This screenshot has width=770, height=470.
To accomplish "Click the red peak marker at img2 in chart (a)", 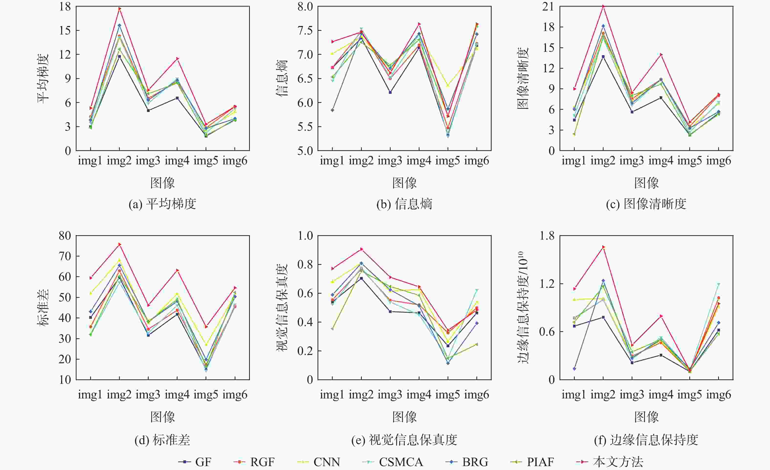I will point(119,9).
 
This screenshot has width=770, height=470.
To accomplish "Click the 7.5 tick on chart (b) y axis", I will point(305,30).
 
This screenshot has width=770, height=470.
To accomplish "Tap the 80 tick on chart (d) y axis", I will point(65,235).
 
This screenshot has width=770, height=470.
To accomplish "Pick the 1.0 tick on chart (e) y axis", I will point(305,235).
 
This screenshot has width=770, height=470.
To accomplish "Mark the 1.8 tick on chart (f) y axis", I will point(547,235).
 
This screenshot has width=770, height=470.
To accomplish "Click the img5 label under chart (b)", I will point(448,161).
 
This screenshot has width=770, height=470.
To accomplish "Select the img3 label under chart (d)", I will point(148,395).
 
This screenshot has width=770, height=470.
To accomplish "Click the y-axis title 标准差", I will point(43,308).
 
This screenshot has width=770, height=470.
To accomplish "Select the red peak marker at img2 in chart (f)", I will point(603,247).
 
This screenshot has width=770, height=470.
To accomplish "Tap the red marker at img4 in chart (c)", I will point(661,55).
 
